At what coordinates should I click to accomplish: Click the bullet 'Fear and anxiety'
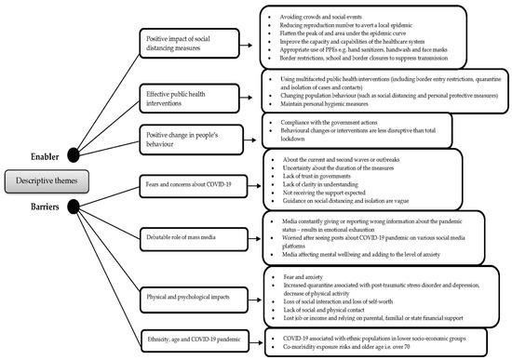(293, 277)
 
